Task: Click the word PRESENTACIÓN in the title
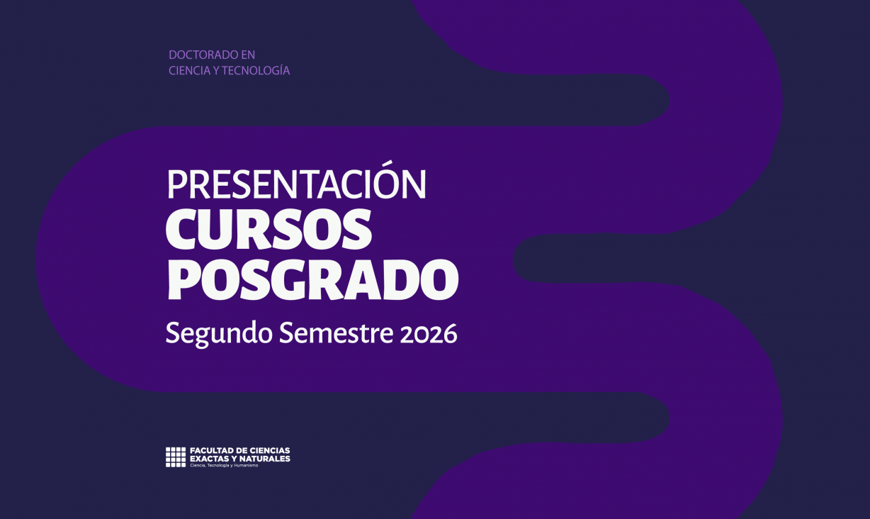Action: (296, 185)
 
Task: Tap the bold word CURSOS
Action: (269, 230)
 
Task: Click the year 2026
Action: (429, 333)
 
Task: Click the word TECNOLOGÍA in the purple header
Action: (256, 71)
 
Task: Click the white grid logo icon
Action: (176, 457)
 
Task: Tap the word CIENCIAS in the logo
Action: (270, 451)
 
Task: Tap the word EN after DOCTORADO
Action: (248, 55)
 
